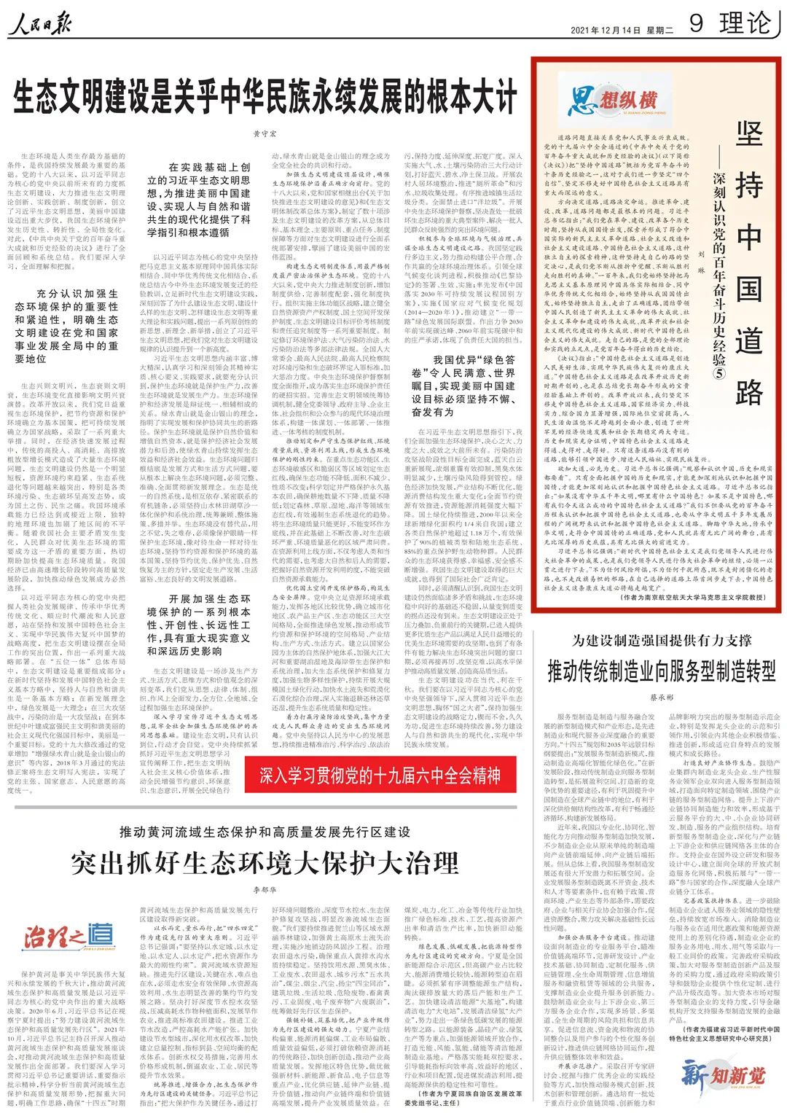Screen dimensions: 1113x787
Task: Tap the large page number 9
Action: click(695, 23)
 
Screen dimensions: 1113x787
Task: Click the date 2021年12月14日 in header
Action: click(605, 30)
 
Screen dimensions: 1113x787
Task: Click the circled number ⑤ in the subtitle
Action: click(719, 374)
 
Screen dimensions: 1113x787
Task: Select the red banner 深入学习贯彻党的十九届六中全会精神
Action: click(380, 775)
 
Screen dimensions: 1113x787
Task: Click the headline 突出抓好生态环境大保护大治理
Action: click(265, 863)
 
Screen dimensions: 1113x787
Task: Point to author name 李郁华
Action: click(265, 890)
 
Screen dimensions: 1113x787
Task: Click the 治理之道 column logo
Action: click(68, 937)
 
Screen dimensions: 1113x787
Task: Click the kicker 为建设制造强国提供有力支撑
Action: click(662, 641)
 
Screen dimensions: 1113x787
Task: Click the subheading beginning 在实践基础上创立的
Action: click(198, 200)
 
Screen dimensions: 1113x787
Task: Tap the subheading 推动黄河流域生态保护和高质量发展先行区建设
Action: click(265, 832)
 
